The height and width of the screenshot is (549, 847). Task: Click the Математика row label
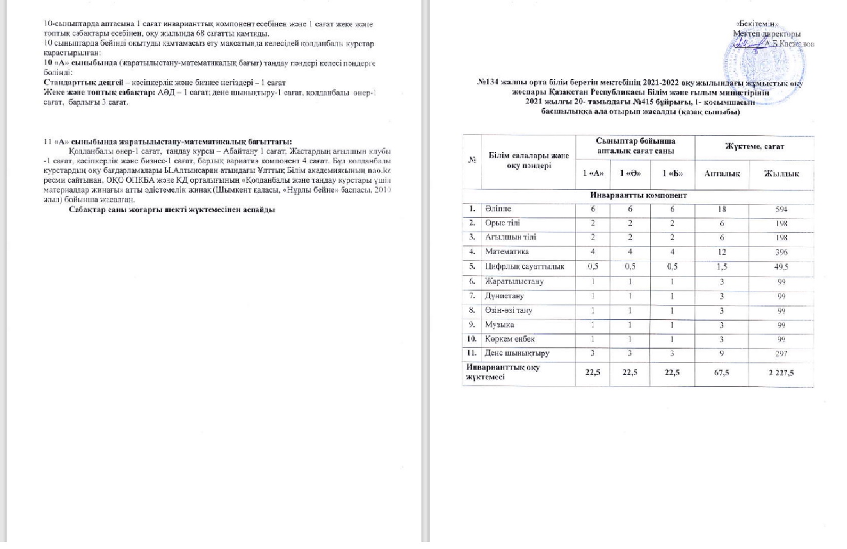pos(506,252)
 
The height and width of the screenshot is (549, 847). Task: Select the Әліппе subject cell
pos(498,209)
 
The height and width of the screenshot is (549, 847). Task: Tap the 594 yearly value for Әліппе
pos(781,209)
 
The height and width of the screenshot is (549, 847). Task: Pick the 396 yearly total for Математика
pos(781,252)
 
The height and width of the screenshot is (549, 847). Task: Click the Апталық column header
pos(722,174)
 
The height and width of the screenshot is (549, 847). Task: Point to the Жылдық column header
pos(781,174)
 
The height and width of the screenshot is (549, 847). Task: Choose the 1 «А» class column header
pos(593,173)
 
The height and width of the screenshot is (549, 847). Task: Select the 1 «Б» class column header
pos(672,173)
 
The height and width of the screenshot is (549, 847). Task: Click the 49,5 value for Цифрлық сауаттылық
pos(781,266)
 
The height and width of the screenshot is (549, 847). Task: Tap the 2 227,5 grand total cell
pos(781,373)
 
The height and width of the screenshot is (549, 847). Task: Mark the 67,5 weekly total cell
pos(721,373)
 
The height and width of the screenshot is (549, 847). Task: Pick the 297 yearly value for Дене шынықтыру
pos(781,353)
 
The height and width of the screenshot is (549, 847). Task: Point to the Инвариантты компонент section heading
pos(639,195)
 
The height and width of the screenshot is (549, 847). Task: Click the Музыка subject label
pos(499,324)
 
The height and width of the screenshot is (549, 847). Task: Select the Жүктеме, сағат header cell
pos(754,146)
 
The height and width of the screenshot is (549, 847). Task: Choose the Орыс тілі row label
pos(503,223)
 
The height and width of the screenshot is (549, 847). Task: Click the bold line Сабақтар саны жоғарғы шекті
pos(172,209)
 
